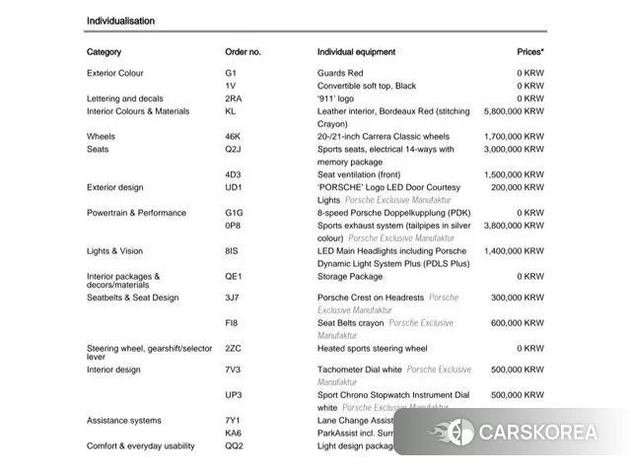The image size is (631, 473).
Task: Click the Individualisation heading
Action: (120, 21)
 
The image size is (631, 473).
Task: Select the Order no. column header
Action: (243, 51)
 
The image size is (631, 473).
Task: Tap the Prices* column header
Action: (529, 51)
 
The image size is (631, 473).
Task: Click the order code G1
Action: (231, 73)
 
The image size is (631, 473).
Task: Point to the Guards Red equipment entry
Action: (340, 73)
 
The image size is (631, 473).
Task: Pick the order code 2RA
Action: (233, 99)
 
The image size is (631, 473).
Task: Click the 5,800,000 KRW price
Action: (514, 111)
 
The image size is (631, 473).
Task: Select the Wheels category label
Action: (101, 137)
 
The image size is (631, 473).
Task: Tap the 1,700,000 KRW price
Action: (514, 137)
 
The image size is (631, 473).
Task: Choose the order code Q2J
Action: (233, 150)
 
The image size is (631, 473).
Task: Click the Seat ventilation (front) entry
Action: (359, 174)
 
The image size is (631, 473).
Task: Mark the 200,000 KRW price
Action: (518, 187)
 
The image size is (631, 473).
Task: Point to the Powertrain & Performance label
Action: (136, 213)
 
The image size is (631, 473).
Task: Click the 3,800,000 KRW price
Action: (514, 226)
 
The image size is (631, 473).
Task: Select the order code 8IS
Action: (232, 251)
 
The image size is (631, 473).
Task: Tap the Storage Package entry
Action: (350, 277)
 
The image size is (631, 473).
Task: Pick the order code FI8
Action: (232, 322)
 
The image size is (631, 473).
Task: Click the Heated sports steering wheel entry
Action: (372, 348)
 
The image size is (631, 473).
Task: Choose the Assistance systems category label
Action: (123, 421)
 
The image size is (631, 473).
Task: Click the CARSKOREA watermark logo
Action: (522, 432)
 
